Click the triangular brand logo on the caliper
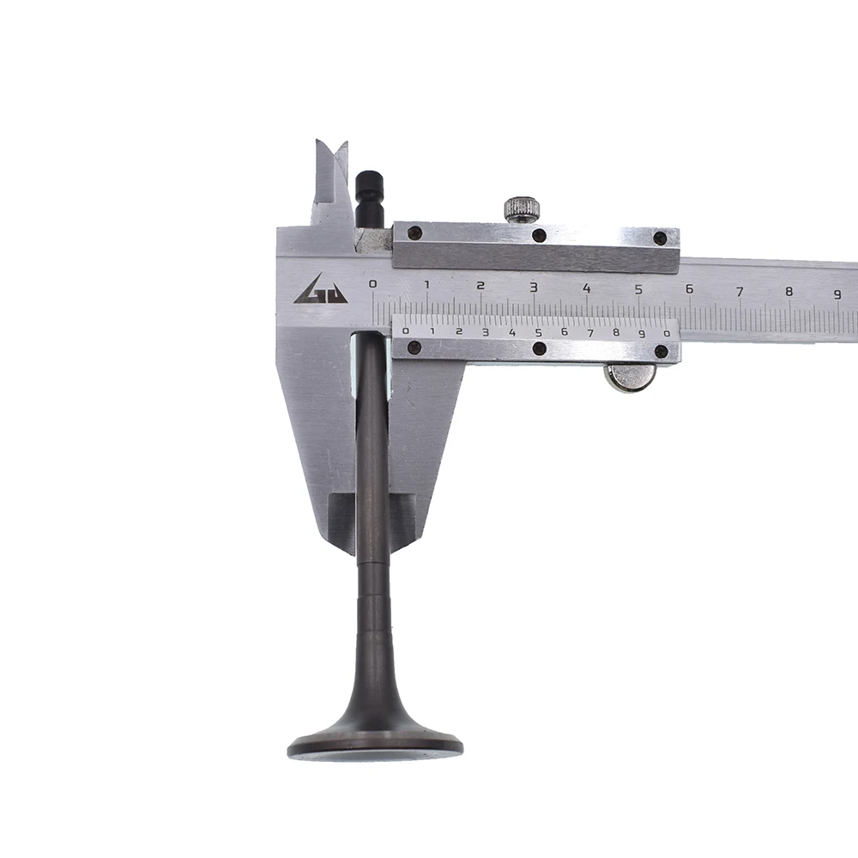(321, 289)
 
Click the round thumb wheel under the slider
(629, 378)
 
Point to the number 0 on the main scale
(373, 284)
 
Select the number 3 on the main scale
(534, 287)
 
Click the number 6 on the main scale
(690, 288)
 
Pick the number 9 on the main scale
(837, 294)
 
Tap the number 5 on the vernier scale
(539, 332)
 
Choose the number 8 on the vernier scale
(616, 333)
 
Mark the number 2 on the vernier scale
(459, 331)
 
